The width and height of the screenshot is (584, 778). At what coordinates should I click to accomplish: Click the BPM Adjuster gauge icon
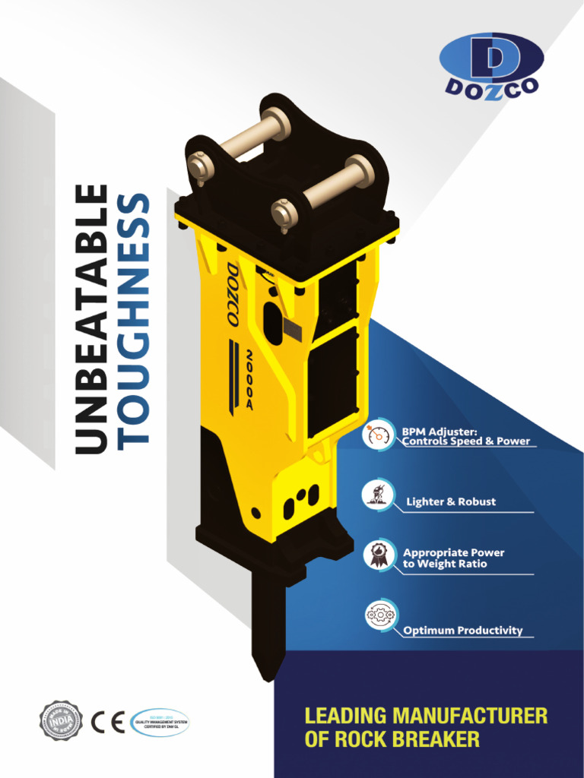(x=378, y=435)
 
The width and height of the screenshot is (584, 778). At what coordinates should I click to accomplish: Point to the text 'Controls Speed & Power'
(x=466, y=441)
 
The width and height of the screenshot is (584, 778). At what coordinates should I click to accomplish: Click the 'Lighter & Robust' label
(x=450, y=501)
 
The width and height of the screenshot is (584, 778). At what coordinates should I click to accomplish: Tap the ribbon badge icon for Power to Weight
(x=378, y=555)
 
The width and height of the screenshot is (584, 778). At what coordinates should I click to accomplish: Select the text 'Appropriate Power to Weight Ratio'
(x=453, y=558)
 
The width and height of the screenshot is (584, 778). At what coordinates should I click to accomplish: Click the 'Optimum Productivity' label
(x=462, y=631)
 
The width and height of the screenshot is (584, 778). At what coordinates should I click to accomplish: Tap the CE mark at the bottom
(x=108, y=721)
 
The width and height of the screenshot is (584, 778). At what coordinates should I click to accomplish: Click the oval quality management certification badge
(x=159, y=722)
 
